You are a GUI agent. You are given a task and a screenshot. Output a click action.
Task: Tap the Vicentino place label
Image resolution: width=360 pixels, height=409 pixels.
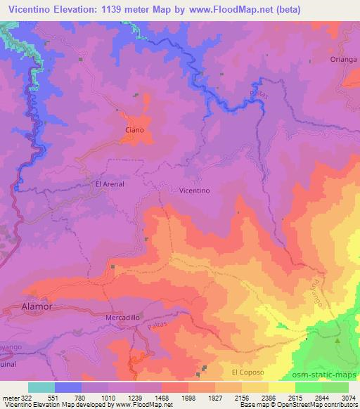pos(195,190)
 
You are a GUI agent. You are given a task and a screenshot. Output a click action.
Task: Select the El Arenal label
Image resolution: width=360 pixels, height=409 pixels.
pos(109,184)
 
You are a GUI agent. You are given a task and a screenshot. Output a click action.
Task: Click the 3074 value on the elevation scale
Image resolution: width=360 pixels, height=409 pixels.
pos(349,397)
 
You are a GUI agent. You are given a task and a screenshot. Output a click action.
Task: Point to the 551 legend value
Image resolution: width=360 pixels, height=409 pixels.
pos(55,397)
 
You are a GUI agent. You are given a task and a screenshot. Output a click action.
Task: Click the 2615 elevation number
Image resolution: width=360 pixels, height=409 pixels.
pos(295,397)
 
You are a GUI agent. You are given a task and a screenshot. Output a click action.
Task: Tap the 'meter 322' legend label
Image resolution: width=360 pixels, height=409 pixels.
pos(15,397)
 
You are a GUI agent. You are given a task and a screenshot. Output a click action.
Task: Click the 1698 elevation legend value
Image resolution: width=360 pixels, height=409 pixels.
pos(188,397)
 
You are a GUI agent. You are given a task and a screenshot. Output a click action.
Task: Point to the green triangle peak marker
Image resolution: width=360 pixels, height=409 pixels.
pos(337,341)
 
